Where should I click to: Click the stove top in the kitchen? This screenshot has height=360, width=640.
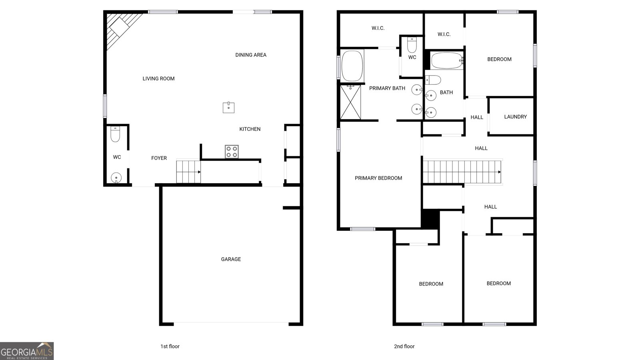(232, 152)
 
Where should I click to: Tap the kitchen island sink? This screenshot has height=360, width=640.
(228, 108)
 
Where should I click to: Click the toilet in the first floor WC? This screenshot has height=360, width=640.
(115, 134)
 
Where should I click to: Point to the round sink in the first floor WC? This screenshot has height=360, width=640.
(116, 178)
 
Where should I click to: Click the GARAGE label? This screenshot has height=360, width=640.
(231, 259)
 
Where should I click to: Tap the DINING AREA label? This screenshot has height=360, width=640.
(251, 55)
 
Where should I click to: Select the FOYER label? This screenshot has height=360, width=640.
(159, 158)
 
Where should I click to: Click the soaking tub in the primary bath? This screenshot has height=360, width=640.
(352, 66)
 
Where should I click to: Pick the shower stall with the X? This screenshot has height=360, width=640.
(350, 102)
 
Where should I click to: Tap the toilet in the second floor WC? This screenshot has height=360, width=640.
(412, 45)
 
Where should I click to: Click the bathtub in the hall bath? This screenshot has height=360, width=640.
(447, 60)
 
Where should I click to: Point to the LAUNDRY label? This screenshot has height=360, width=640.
(516, 117)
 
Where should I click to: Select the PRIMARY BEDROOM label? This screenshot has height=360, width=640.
(378, 178)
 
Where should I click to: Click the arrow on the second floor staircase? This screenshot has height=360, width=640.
(500, 172)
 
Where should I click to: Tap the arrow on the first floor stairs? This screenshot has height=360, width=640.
(199, 172)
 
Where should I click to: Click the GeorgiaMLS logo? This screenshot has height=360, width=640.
(27, 351)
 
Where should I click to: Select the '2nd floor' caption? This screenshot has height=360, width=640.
(404, 346)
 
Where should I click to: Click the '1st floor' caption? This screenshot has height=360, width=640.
(170, 346)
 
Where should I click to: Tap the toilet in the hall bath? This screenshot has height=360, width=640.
(433, 80)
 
